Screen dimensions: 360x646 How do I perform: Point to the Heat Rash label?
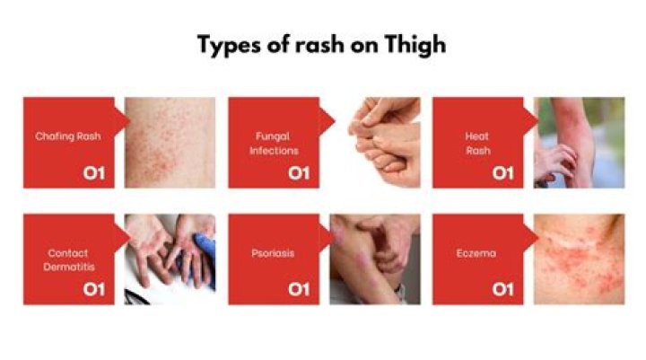point(476,144)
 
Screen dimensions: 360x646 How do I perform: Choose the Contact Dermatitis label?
point(68,259)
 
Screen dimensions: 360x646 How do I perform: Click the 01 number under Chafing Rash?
point(93,171)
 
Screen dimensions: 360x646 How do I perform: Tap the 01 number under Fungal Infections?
point(299,171)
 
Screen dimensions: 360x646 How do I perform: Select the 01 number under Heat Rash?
point(502,171)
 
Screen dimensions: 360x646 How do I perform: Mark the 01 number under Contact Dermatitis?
point(93,289)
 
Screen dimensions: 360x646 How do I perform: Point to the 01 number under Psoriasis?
point(299,289)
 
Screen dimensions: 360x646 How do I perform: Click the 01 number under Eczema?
point(502,289)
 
